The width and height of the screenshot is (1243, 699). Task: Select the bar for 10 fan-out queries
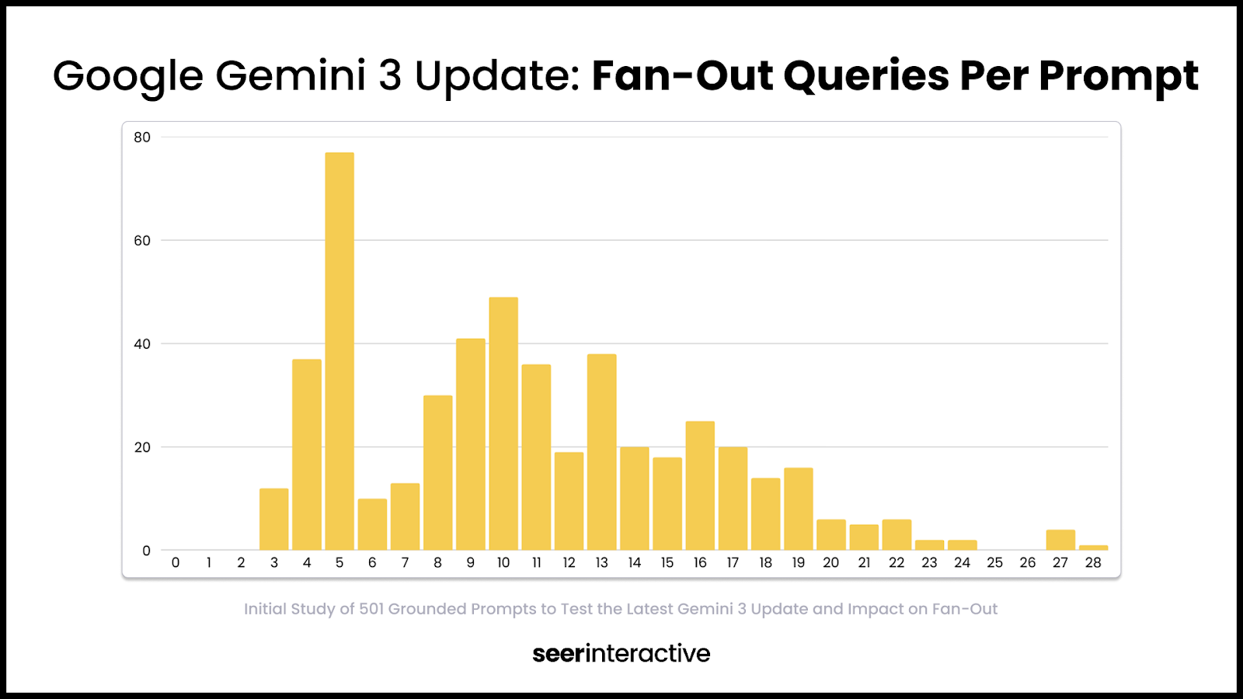tap(503, 423)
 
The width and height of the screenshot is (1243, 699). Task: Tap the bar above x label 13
tap(602, 452)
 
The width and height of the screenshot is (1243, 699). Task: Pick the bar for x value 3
tap(274, 519)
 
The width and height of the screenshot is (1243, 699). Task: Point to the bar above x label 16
tap(700, 485)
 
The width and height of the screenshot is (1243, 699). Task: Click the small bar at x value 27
tap(1060, 540)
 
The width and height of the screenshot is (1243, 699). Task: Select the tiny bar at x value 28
tap(1093, 548)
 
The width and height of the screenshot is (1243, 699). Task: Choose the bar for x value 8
tap(438, 472)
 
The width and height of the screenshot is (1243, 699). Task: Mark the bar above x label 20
tap(831, 534)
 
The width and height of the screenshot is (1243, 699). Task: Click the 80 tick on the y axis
tap(142, 137)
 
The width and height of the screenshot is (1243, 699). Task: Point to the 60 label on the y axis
tap(142, 241)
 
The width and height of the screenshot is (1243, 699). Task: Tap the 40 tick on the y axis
tap(142, 344)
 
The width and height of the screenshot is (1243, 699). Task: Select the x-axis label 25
tap(994, 563)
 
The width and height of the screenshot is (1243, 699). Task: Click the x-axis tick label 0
tap(176, 563)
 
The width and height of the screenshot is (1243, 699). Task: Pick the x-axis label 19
tap(798, 563)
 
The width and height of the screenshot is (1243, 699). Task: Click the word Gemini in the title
tap(290, 76)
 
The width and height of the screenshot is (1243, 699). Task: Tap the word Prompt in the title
tap(1119, 76)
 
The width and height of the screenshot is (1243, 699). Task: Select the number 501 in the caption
tap(371, 609)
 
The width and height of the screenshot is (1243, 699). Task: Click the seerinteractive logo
tap(621, 653)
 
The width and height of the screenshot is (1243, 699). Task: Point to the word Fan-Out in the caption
tap(965, 609)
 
